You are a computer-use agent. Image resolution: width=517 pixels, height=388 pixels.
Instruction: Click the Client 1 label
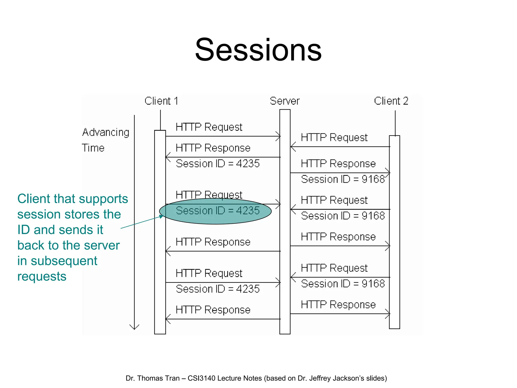coord(161,101)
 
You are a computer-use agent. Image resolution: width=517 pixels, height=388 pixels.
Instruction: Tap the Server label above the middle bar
coord(285,101)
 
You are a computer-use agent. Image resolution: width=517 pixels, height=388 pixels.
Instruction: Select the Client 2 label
coord(391,101)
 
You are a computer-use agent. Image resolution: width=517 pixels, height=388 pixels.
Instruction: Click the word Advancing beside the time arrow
coord(106,133)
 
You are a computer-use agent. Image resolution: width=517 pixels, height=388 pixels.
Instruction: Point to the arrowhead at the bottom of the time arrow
coord(134,327)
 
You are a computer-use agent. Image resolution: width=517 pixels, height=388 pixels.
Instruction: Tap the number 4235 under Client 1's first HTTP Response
coord(248,164)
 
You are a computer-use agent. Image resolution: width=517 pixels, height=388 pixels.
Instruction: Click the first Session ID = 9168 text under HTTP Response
coord(343,179)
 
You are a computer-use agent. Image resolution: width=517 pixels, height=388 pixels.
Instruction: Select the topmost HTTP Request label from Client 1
coord(209,127)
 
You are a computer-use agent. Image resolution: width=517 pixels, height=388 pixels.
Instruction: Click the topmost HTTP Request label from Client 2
coord(334,138)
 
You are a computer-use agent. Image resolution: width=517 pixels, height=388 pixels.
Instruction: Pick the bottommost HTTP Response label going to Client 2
coord(338,305)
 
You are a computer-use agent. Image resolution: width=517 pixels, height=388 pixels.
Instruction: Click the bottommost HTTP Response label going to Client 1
coord(213,310)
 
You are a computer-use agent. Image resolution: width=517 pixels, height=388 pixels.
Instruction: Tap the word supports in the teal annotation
coord(109,199)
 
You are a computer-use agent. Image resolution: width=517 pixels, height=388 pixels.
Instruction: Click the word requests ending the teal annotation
coord(42,276)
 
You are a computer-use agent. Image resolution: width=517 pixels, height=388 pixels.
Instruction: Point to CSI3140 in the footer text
coord(201,378)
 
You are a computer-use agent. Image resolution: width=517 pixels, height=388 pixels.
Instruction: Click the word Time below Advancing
coord(93,148)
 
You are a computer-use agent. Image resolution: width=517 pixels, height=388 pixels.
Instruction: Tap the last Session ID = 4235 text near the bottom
coord(217,289)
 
